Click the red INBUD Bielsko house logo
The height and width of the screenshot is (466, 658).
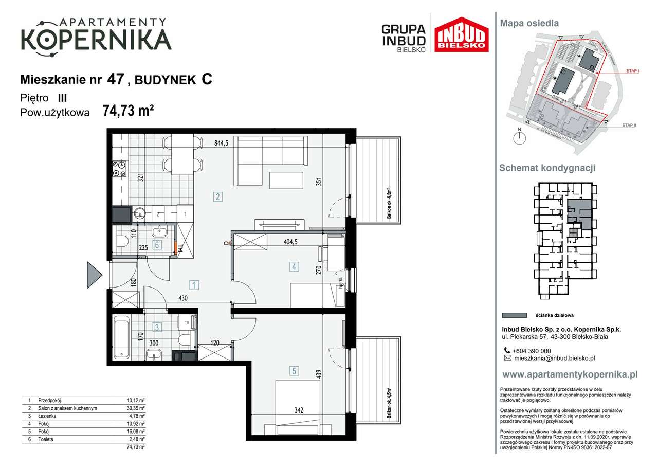point(462,34)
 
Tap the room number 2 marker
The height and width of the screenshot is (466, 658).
point(218,196)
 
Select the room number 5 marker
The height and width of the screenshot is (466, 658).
point(294,370)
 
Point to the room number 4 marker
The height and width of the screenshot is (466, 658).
point(294,266)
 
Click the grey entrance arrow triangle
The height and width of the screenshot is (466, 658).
point(94,275)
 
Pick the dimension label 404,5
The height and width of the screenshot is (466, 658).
point(294,240)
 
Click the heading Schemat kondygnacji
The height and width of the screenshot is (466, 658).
point(547,168)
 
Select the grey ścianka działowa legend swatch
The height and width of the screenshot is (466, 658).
point(514,315)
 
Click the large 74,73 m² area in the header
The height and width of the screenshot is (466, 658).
point(129,111)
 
